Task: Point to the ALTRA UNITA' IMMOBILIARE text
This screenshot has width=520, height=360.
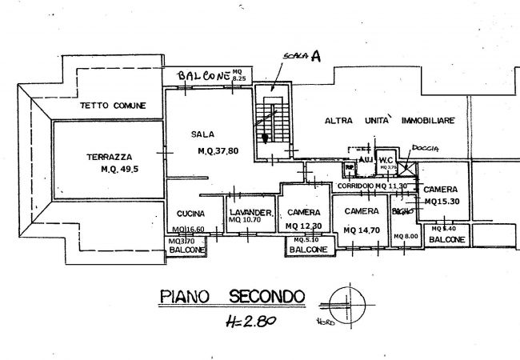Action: [x=389, y=120]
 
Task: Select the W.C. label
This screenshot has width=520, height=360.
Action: [x=386, y=160]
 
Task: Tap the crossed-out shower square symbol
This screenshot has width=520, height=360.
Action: [x=409, y=168]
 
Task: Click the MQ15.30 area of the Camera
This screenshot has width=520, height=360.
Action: [x=442, y=202]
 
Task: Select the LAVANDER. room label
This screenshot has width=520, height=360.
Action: [x=250, y=212]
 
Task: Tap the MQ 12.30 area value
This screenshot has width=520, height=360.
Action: [x=304, y=226]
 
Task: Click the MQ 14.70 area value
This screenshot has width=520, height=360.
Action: [x=362, y=230]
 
